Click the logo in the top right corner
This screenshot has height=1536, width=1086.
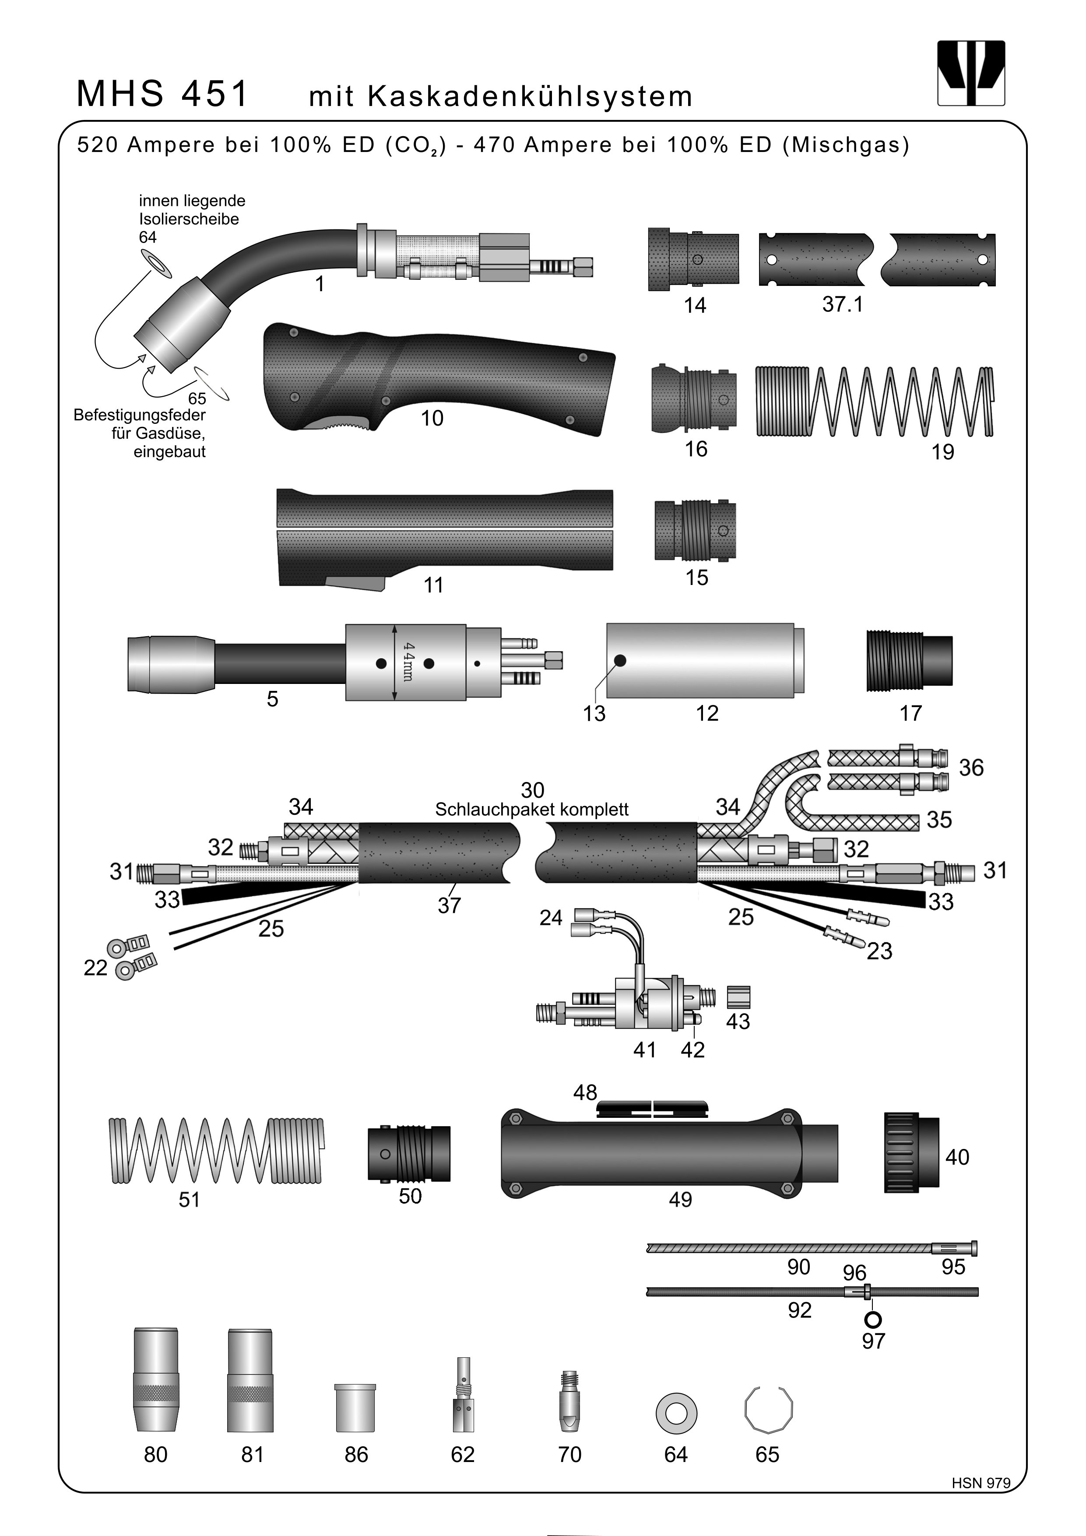pos(971,73)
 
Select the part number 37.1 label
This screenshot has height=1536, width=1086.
pos(843,305)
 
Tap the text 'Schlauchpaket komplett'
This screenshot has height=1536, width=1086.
pos(532,810)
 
